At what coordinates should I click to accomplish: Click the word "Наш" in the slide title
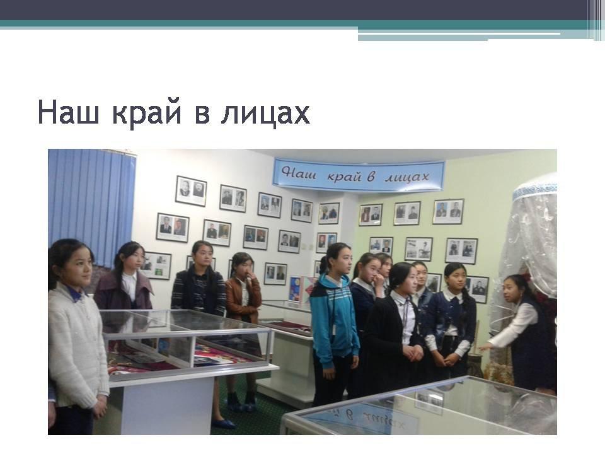pyautogui.click(x=68, y=112)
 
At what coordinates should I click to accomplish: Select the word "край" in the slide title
pyautogui.click(x=147, y=114)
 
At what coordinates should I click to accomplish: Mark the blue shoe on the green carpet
pyautogui.click(x=223, y=423)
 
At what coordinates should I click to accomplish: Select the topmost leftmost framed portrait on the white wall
pyautogui.click(x=191, y=190)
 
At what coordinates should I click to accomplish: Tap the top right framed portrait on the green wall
pyautogui.click(x=448, y=211)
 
